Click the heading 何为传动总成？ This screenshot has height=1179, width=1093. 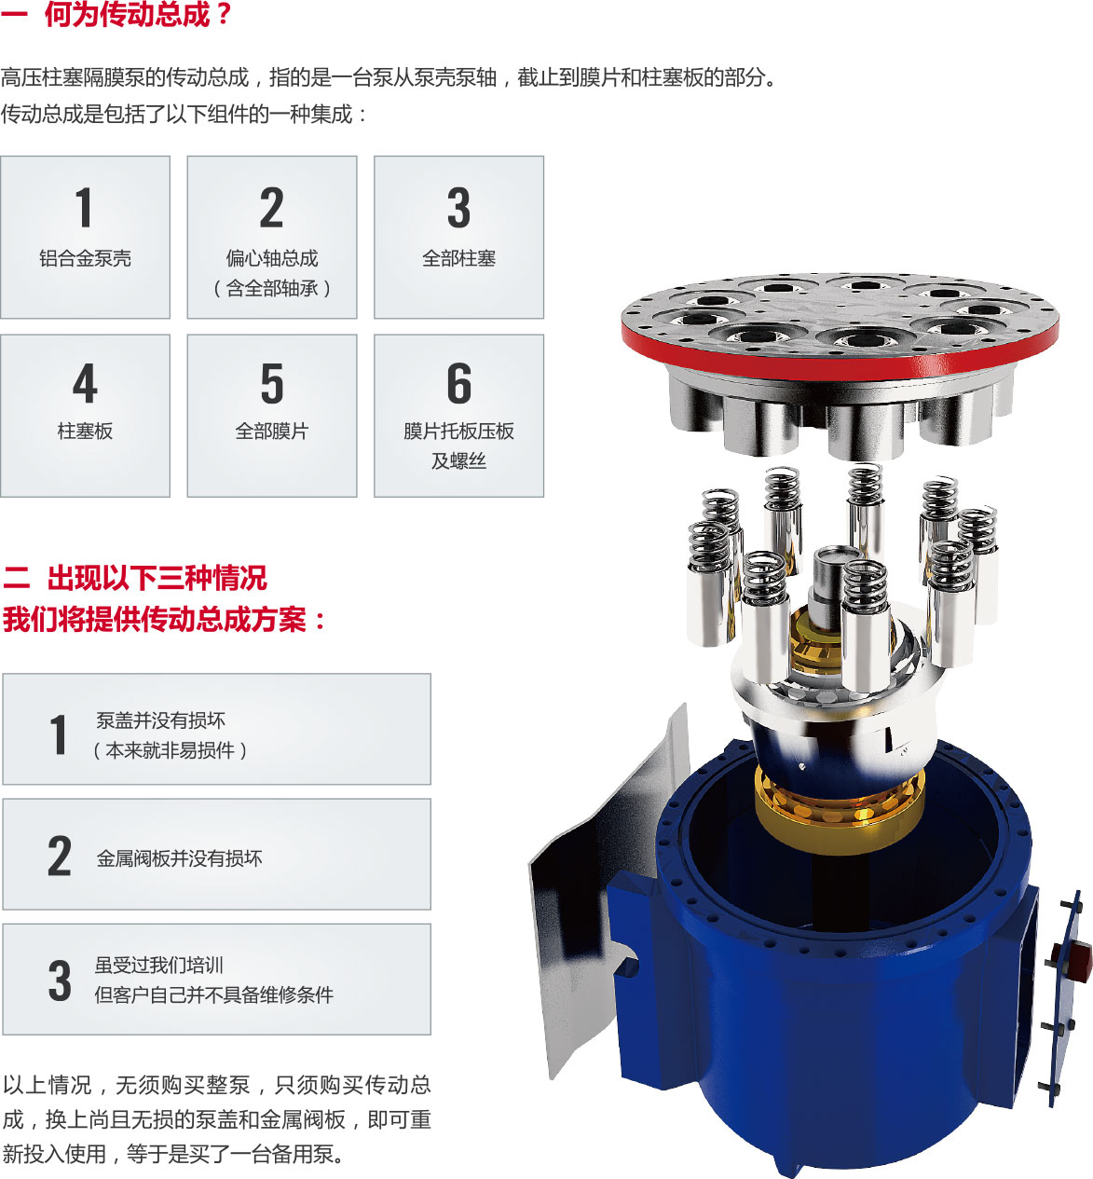138,15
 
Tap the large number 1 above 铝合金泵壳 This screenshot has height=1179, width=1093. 84,207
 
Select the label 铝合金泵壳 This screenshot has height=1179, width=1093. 85,258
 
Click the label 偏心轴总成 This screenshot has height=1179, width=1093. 272,258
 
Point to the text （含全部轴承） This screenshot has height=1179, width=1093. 272,289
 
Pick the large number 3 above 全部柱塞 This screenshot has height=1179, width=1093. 459,207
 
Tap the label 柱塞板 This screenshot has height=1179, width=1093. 85,431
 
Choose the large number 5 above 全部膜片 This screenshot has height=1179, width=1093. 272,383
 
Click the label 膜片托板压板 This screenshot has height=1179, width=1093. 459,431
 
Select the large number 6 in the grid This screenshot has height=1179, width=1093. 459,383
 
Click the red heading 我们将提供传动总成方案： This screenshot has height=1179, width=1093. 164,620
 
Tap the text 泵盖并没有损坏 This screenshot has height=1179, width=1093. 160,720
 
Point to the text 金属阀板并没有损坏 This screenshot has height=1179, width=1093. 179,858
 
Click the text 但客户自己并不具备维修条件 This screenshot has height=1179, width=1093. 213,995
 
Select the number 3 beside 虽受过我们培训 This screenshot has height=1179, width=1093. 60,980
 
